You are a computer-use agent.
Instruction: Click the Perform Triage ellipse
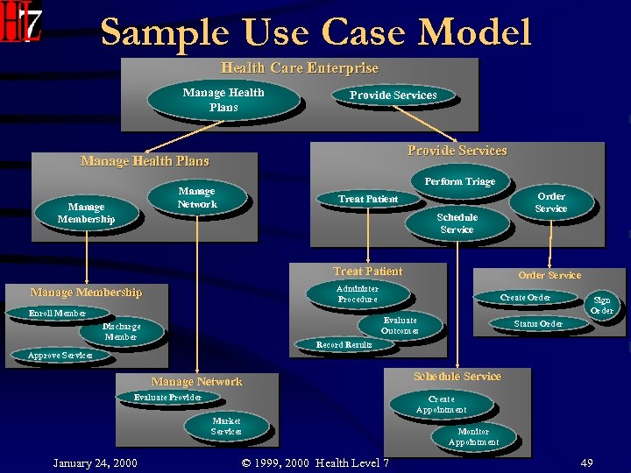459,181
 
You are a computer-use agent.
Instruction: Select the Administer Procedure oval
358,294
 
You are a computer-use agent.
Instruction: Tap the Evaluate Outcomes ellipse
400,326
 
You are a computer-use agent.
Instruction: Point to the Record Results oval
344,345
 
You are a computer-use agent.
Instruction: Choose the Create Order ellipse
525,298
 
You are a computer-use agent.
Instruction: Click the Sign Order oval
601,306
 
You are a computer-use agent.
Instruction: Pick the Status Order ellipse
538,324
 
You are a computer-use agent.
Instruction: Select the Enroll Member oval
57,313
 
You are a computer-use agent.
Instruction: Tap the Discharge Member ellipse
121,332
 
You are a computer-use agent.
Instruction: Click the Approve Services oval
60,356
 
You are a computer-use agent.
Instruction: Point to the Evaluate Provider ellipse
167,398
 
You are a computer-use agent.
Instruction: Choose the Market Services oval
226,427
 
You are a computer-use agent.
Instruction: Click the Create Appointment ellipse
441,404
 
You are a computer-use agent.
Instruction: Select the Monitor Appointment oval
473,437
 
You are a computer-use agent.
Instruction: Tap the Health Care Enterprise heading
300,67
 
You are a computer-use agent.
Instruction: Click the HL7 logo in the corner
21,24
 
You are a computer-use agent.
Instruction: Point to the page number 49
586,462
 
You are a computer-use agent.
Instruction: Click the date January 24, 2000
95,462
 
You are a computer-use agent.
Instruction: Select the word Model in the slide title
474,32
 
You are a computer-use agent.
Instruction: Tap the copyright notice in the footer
315,462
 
